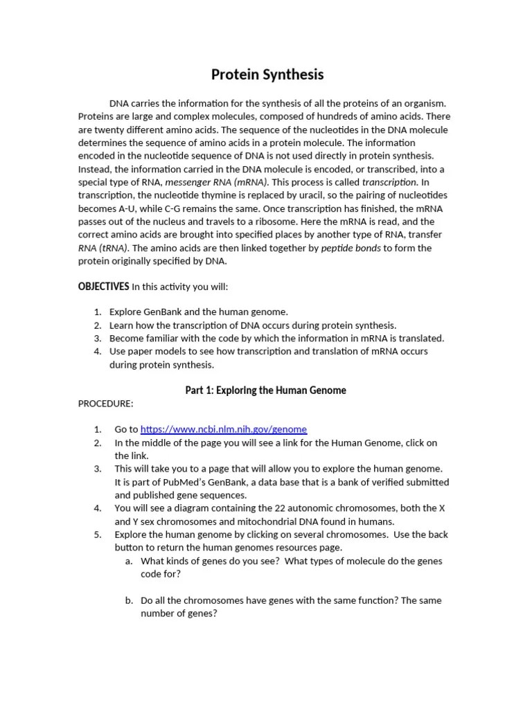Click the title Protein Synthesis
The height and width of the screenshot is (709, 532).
[267, 75]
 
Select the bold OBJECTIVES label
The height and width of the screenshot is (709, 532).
[103, 287]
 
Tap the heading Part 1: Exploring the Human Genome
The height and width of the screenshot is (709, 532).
[265, 391]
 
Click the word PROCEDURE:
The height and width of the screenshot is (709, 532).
[105, 404]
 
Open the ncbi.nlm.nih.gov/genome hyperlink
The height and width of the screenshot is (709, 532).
[223, 429]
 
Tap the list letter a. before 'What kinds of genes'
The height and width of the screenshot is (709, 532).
[130, 561]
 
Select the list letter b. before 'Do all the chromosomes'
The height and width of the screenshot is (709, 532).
[130, 600]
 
